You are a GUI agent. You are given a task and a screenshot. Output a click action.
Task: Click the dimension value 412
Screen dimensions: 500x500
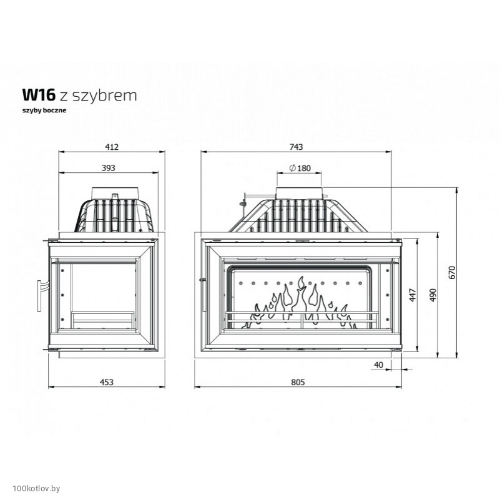(112, 147)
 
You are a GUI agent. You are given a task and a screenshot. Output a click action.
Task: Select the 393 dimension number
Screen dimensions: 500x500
(108, 168)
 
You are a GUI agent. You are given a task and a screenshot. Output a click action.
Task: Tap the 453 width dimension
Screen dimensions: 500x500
(107, 382)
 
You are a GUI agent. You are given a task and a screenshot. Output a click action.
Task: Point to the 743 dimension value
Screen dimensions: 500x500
(296, 147)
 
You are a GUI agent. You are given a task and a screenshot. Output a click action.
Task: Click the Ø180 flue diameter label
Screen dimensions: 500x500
(300, 168)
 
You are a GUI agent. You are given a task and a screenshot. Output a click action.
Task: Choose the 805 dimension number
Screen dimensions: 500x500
(298, 382)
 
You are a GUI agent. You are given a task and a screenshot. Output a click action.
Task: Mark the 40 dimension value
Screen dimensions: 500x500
(378, 365)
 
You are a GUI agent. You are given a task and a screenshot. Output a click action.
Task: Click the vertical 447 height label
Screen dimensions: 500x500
(413, 295)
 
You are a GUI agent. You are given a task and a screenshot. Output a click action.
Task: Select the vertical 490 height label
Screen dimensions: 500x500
(433, 295)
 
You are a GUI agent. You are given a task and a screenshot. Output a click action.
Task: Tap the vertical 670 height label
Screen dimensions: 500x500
(452, 272)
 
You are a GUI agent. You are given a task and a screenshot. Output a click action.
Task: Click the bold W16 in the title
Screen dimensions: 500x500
(39, 95)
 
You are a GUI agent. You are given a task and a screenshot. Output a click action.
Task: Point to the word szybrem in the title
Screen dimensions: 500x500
(105, 96)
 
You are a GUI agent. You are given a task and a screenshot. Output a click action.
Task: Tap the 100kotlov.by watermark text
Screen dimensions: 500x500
(36, 489)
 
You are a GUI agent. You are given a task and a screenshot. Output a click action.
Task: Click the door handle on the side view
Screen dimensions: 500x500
(40, 295)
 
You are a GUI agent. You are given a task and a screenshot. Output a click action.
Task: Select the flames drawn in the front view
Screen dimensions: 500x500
(299, 303)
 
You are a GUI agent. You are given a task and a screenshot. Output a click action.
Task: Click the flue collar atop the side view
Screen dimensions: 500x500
(115, 194)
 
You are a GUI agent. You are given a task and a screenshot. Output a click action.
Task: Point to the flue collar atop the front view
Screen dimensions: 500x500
(299, 194)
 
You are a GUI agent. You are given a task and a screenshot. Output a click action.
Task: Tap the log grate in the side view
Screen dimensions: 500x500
(102, 320)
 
